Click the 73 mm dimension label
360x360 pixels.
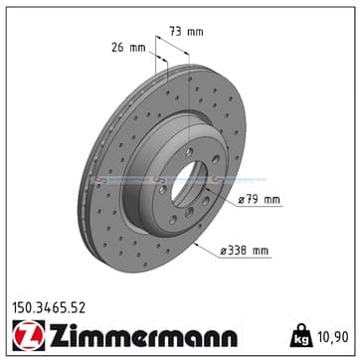point(186,32)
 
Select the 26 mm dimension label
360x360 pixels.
point(128,48)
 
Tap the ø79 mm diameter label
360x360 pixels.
point(260,200)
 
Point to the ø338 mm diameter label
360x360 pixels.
point(245,251)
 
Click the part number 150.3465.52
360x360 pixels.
point(49,308)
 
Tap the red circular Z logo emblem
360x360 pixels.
point(29,335)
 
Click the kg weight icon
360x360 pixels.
point(301,336)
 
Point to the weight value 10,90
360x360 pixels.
point(333,337)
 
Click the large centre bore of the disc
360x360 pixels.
point(189,184)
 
